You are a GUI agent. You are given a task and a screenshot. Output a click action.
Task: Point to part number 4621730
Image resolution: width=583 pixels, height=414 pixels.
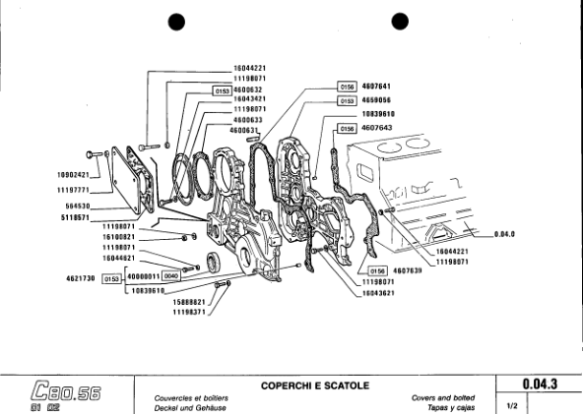(x=75, y=278)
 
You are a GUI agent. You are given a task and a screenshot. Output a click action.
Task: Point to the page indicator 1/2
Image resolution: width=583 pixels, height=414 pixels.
(x=512, y=403)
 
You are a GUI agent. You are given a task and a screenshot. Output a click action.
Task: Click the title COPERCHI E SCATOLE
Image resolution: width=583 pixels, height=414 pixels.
(x=314, y=384)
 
